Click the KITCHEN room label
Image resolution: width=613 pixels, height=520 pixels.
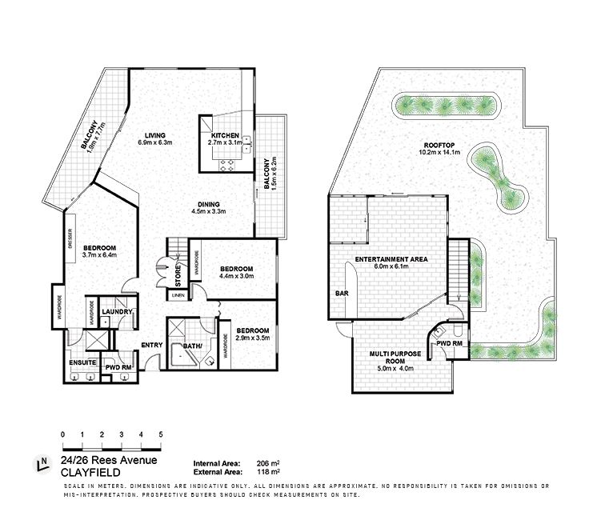(x=225, y=135)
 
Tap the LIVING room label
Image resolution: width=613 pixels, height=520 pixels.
(x=154, y=135)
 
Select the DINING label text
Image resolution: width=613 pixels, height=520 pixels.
(x=208, y=204)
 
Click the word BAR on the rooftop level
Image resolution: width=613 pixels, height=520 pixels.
(x=342, y=293)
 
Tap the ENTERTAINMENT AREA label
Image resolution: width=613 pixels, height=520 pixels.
(x=391, y=259)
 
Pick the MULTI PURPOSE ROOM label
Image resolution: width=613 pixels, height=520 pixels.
(x=395, y=358)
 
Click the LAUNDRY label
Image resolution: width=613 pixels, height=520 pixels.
(x=117, y=312)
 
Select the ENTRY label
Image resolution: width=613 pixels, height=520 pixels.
(x=152, y=345)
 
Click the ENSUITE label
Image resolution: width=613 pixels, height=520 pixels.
(x=82, y=362)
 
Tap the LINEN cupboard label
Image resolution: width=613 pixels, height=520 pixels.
(x=178, y=296)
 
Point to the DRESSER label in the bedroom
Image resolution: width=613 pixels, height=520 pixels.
(x=70, y=238)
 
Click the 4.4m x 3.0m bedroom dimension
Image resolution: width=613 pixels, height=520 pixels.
(x=237, y=276)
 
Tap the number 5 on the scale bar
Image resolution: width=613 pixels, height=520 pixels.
(x=161, y=434)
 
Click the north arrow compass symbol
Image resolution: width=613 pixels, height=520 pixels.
(x=42, y=463)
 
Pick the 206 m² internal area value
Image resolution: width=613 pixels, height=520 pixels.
(x=268, y=464)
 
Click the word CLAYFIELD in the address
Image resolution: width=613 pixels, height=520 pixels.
(x=90, y=472)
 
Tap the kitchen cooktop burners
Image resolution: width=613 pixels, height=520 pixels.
(x=228, y=166)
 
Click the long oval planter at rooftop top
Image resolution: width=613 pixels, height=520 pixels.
(x=446, y=106)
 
